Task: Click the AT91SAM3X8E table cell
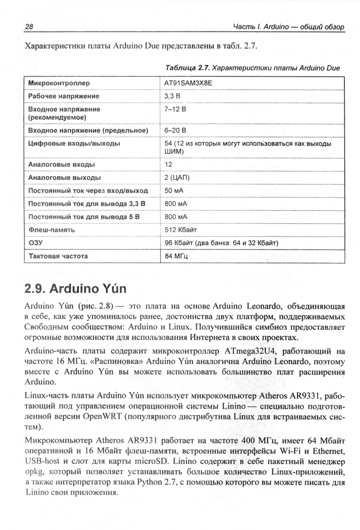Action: point(188,83)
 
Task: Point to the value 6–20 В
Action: point(176,131)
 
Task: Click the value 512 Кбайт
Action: point(181,230)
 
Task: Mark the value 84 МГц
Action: point(177,256)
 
